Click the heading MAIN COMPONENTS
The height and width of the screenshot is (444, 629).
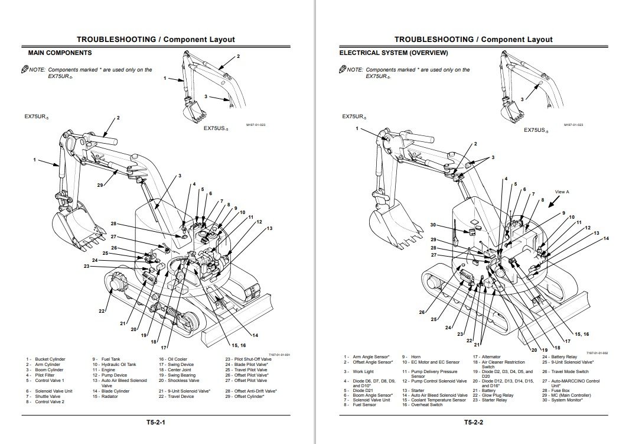pos(60,53)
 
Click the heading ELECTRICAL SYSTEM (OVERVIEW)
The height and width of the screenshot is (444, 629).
pos(393,53)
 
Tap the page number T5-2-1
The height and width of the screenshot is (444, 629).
pos(156,422)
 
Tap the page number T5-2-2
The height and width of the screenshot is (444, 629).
pos(474,422)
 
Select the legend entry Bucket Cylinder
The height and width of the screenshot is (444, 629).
pos(50,359)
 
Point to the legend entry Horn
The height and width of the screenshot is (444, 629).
pos(415,357)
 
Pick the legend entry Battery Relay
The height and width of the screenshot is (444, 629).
pos(564,357)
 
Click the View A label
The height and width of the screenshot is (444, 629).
pos(562,192)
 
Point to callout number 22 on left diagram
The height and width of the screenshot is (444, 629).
pos(101,310)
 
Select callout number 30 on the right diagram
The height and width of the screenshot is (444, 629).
pos(433,225)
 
